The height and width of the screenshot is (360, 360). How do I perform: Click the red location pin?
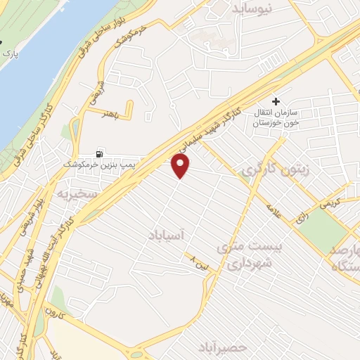[181, 165]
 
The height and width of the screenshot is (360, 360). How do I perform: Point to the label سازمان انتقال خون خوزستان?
[282, 117]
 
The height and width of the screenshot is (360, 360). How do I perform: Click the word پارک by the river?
[9, 53]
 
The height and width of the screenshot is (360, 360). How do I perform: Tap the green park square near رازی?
[323, 230]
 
